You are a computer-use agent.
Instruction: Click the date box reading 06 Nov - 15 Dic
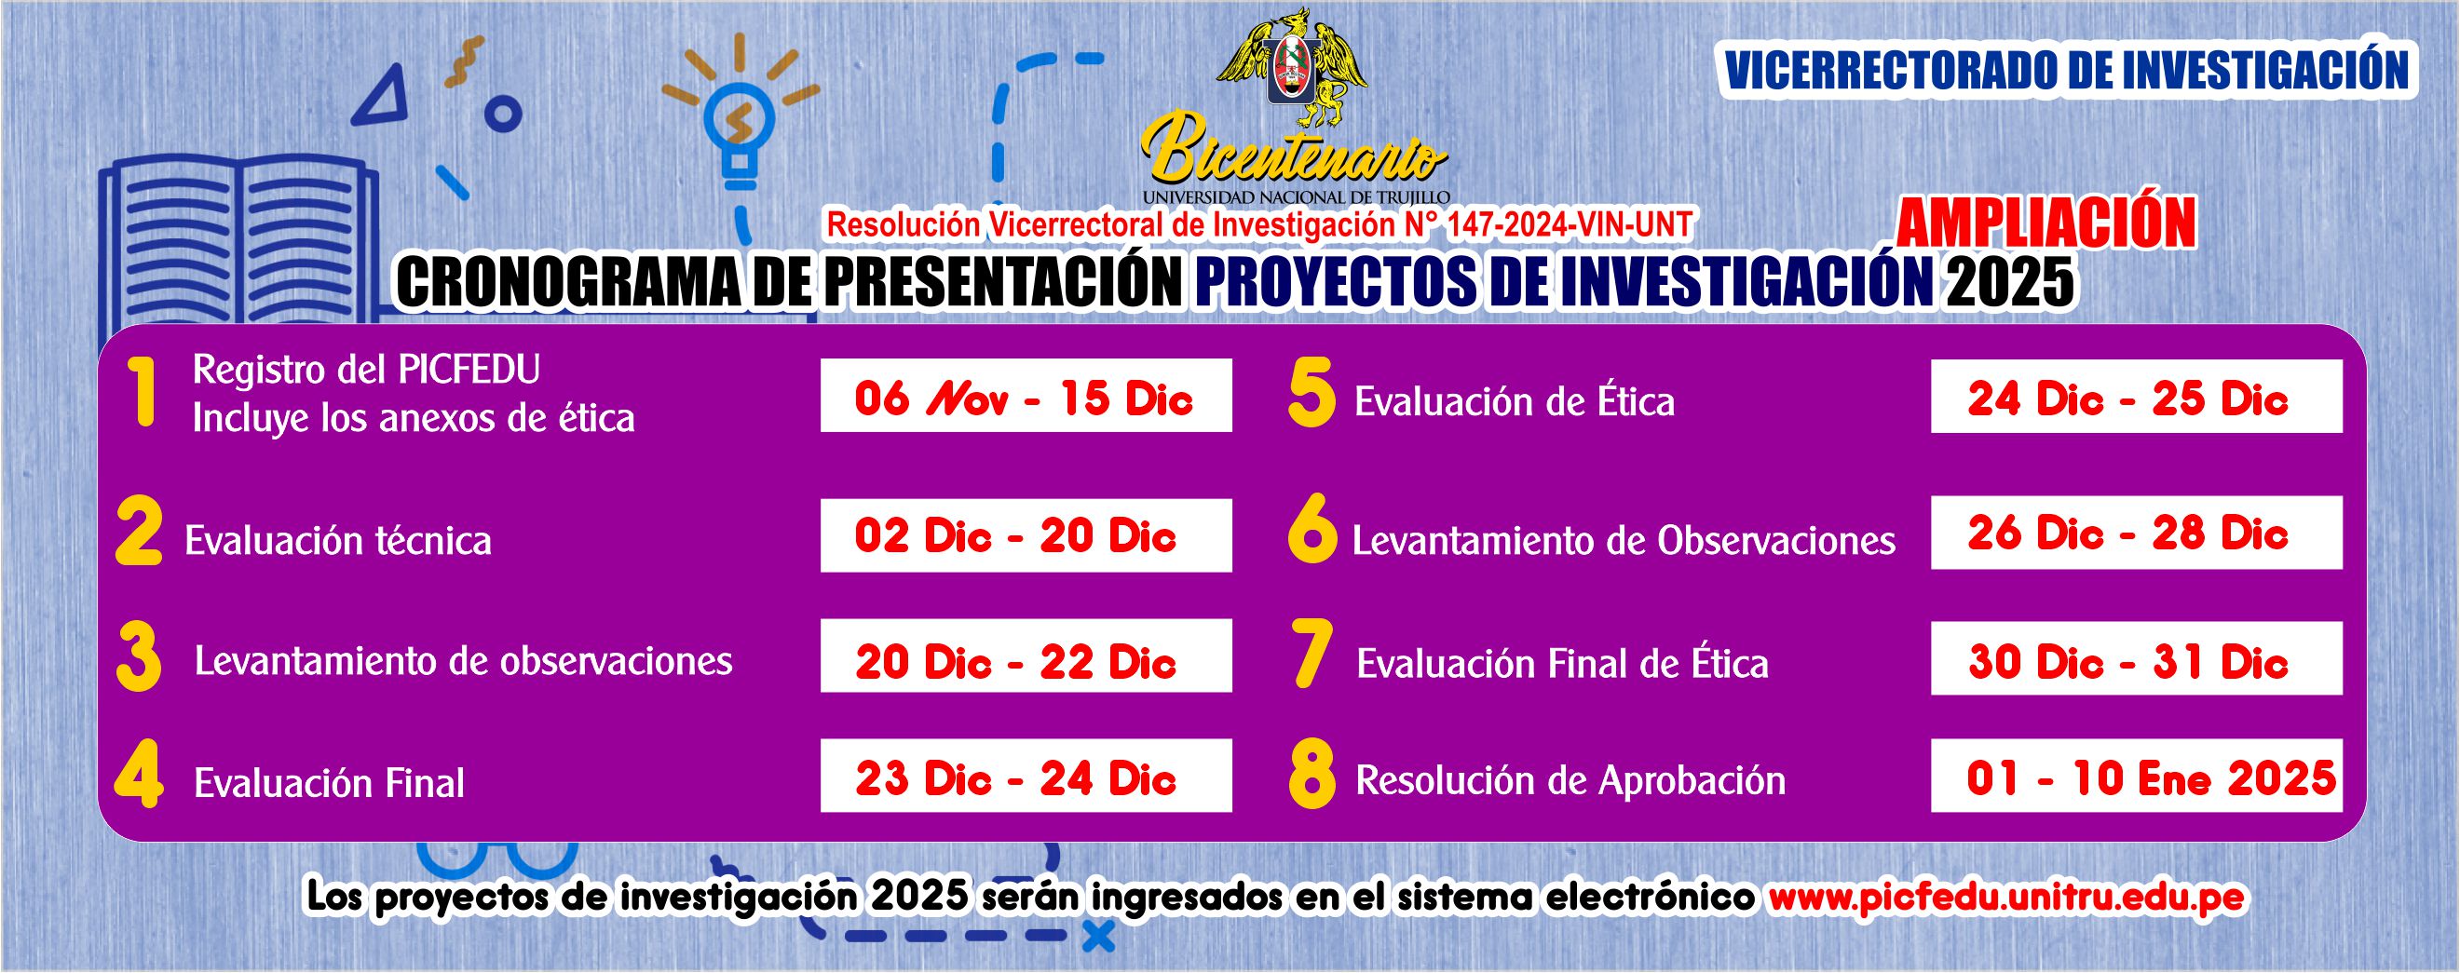[1026, 396]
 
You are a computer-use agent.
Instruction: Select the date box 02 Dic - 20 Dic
[1026, 535]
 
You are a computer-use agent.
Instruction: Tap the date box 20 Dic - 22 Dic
[1026, 656]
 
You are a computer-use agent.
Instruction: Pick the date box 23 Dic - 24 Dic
[1026, 776]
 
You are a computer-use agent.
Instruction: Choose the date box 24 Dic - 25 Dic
[2136, 397]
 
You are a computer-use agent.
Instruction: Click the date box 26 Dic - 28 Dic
[2136, 533]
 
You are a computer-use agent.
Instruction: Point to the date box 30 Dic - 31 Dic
[2136, 658]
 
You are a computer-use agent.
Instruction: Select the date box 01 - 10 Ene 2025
[2136, 776]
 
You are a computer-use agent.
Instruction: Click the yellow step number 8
[1312, 777]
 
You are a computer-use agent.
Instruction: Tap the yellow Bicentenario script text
[1294, 154]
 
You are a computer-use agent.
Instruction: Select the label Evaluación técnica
[338, 541]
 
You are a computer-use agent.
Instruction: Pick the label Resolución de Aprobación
[1571, 781]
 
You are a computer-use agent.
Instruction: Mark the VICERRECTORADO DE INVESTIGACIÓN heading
[2067, 70]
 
